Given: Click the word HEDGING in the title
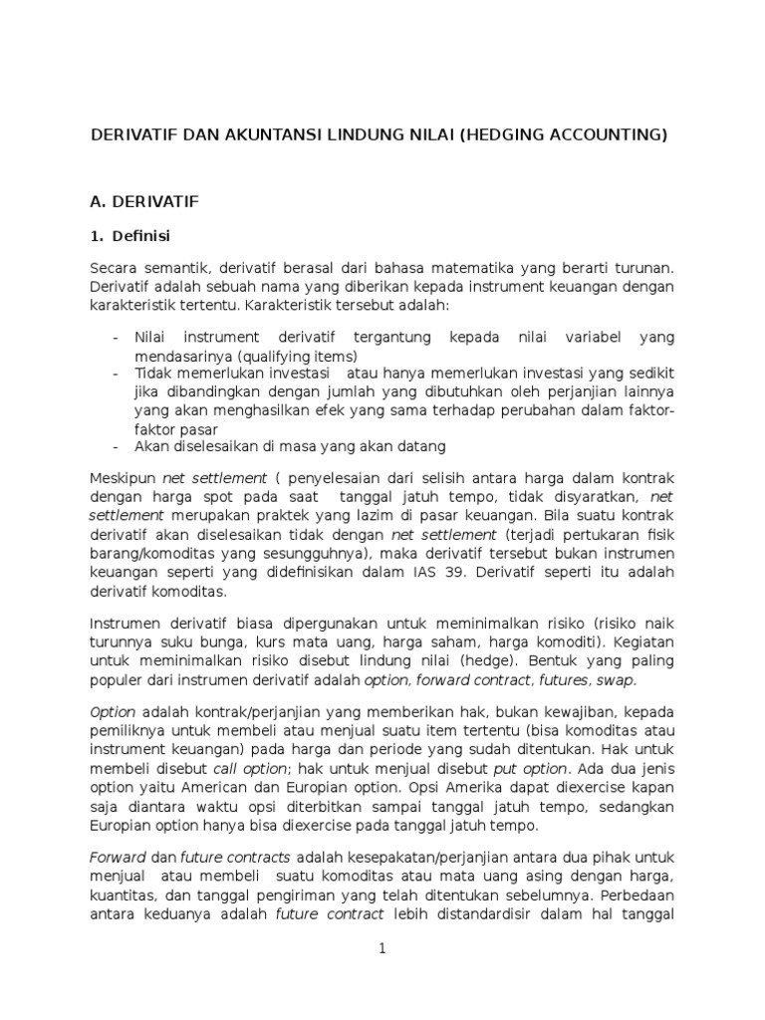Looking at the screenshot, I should (505, 134).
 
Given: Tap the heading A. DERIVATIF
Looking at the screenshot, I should (144, 201).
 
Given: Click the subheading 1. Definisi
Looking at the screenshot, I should (130, 236).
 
